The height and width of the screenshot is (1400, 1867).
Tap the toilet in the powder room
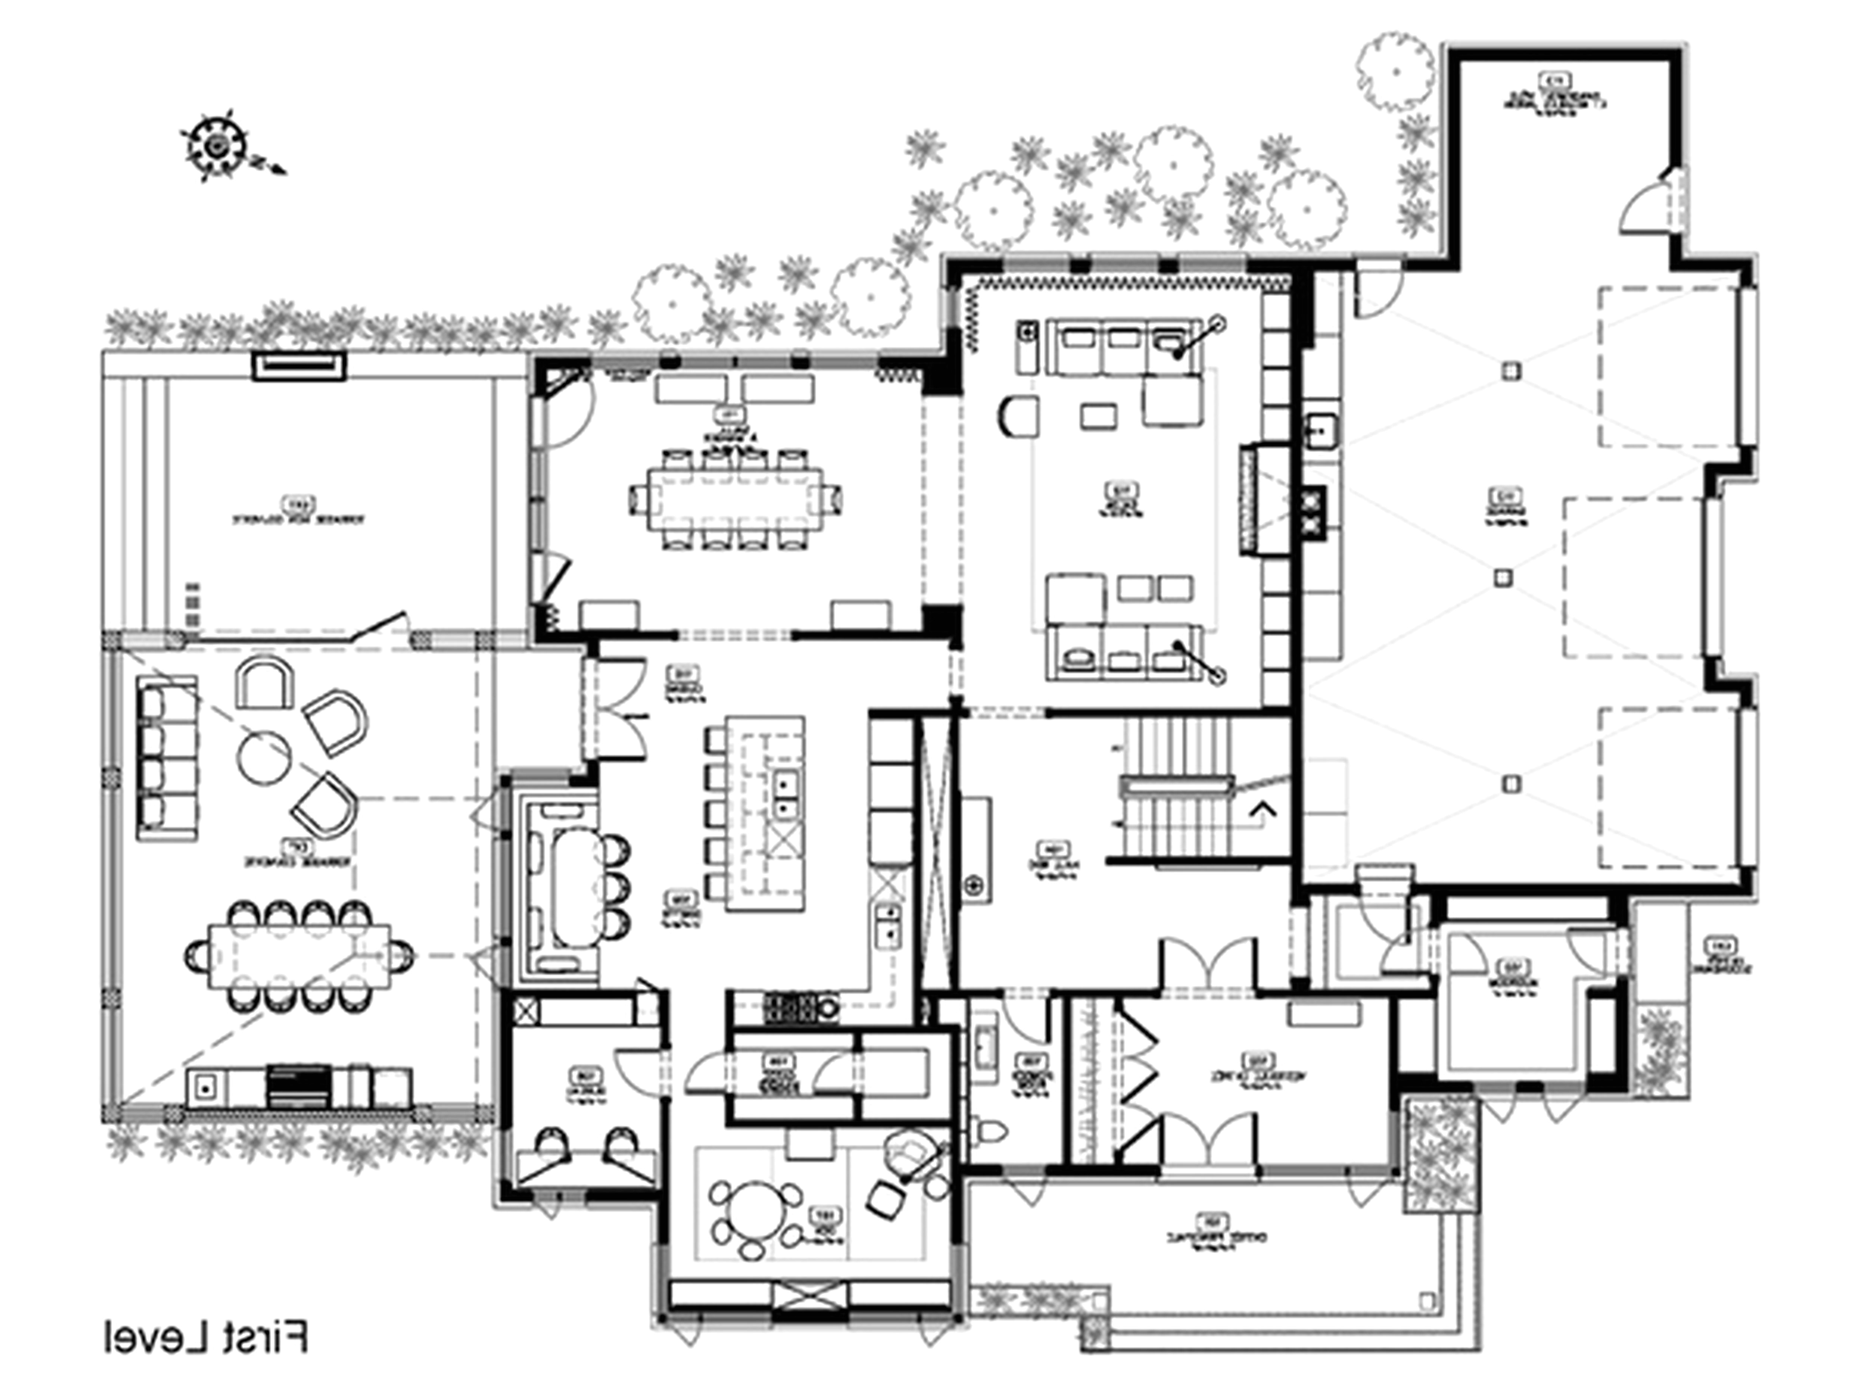(x=989, y=1129)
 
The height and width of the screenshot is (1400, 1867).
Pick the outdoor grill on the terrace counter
(x=299, y=1086)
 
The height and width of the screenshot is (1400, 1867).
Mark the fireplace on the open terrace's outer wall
(x=299, y=366)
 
